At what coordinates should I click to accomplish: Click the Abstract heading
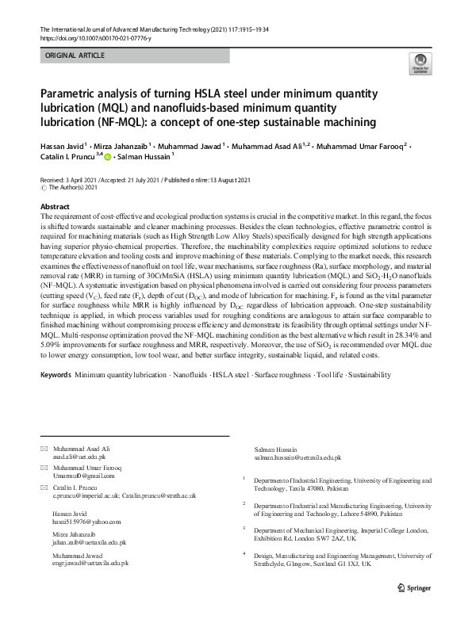(54, 206)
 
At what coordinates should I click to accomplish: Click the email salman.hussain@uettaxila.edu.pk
(297, 458)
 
